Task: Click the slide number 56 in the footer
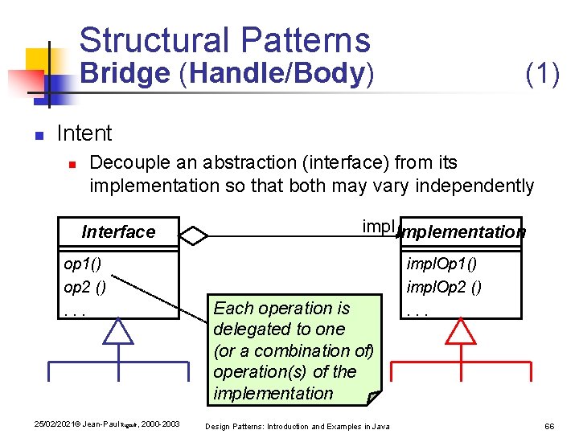pos(550,425)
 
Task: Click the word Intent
pos(84,133)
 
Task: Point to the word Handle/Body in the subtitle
pos(277,73)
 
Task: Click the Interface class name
pos(118,232)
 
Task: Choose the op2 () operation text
pos(84,287)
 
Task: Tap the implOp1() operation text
pos(441,264)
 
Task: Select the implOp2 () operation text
pos(444,287)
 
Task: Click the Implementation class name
pos(462,232)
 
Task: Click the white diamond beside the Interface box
pos(194,236)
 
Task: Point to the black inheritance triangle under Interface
pos(118,332)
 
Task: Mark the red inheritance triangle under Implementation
pos(462,332)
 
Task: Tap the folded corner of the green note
pos(373,397)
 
